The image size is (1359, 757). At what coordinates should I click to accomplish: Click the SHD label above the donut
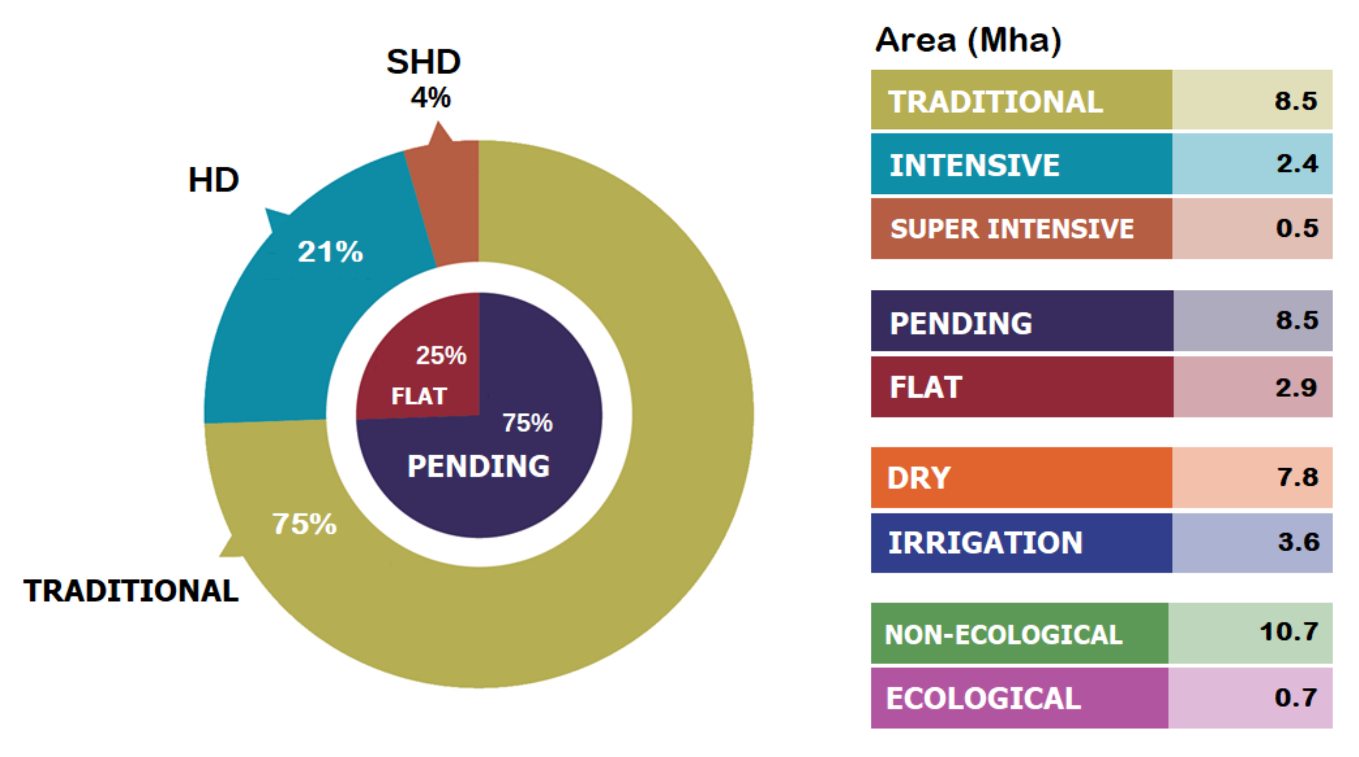[424, 62]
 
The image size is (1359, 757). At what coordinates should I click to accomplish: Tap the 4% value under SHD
[430, 97]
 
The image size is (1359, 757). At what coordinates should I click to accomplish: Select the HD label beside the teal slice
[213, 180]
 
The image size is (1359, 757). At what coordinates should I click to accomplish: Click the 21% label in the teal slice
[330, 252]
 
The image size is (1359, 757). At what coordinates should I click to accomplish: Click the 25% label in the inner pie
[441, 355]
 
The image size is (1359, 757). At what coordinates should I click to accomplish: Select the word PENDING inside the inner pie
[478, 466]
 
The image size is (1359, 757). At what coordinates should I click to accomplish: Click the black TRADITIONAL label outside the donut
[131, 590]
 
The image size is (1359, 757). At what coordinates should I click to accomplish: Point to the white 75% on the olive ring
[304, 524]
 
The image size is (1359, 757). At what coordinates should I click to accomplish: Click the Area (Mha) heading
[968, 41]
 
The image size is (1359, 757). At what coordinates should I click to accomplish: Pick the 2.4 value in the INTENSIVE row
[1297, 163]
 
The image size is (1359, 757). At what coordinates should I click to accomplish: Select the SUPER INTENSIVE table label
[1012, 229]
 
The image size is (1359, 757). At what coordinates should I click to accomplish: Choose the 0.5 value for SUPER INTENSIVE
[1297, 228]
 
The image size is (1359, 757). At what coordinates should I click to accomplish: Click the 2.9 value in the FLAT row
[1296, 388]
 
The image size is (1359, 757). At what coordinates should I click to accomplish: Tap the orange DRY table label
[919, 478]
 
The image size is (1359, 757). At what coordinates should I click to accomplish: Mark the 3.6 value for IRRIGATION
[1298, 542]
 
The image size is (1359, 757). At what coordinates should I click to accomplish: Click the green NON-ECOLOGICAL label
[1003, 635]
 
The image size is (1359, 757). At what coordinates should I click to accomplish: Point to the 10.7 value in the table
[1289, 632]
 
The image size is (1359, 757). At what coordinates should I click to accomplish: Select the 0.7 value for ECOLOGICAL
[1296, 697]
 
